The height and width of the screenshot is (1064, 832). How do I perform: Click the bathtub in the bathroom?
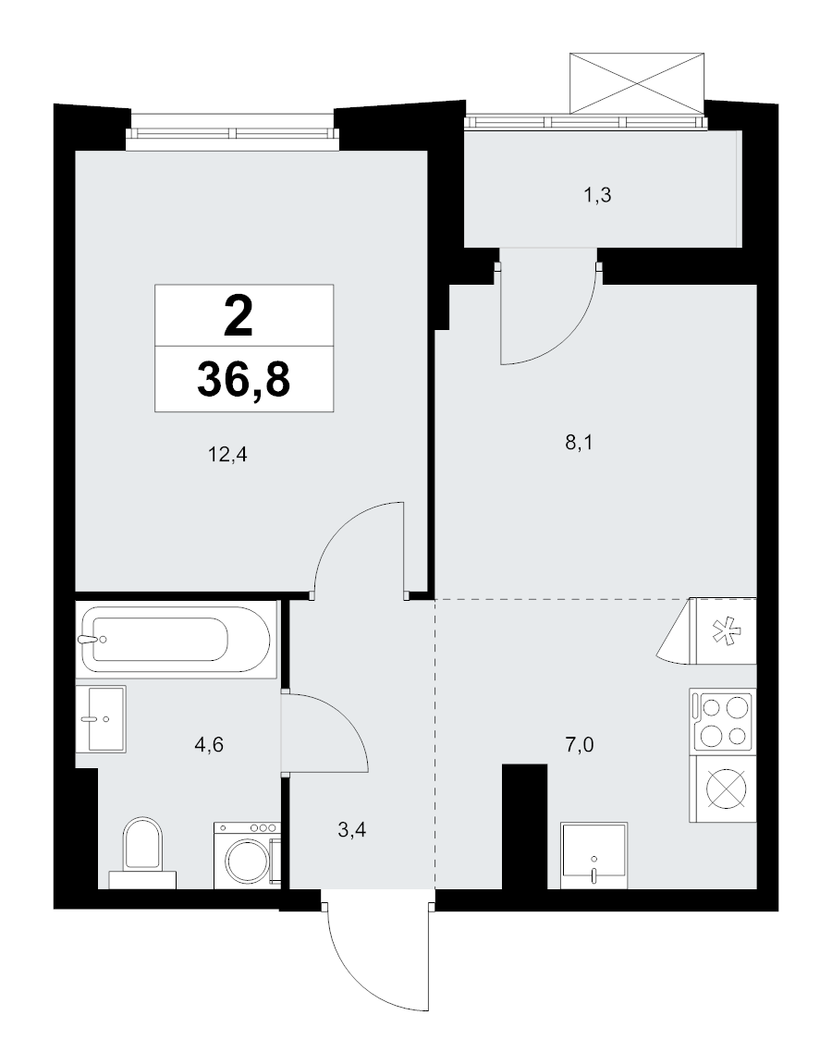click(176, 639)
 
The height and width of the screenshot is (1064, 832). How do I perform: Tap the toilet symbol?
click(142, 851)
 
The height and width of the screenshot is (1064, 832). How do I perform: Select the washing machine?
click(247, 855)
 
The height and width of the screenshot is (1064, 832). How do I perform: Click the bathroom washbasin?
click(101, 718)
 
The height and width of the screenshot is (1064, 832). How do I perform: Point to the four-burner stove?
click(722, 721)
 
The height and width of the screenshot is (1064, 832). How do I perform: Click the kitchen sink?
click(594, 855)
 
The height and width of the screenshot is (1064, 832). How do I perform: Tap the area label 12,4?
click(227, 454)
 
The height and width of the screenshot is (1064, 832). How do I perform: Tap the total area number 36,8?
click(244, 379)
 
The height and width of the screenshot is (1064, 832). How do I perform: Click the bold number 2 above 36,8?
click(239, 317)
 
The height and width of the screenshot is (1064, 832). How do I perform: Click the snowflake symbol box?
click(724, 631)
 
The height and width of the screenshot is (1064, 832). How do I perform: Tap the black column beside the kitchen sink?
click(524, 826)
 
